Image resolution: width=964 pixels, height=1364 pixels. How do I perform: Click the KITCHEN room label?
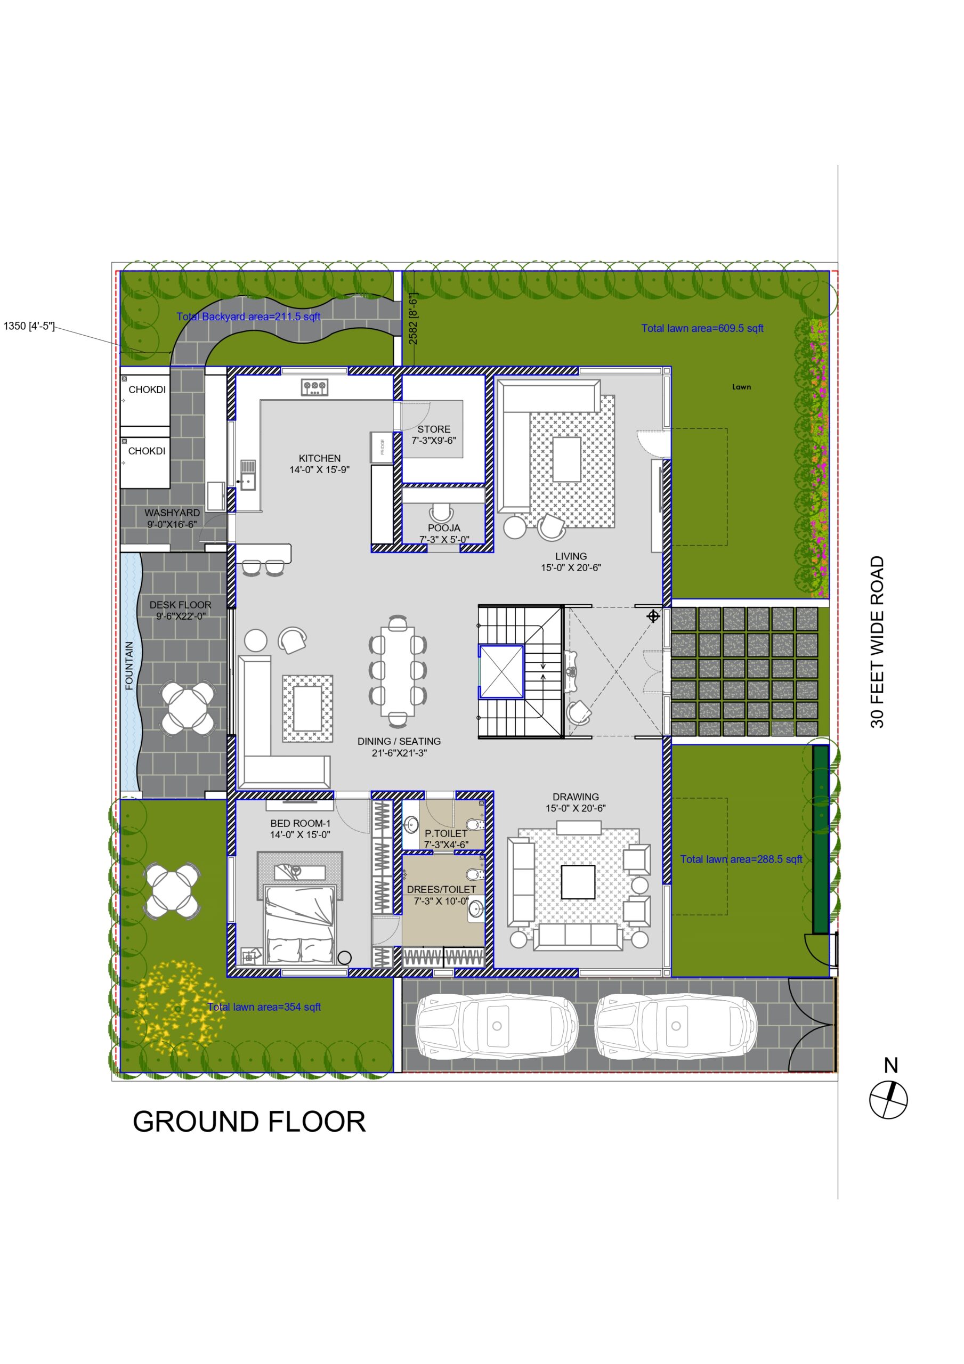(x=320, y=458)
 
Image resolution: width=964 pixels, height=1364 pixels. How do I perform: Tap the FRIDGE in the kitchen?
(x=382, y=446)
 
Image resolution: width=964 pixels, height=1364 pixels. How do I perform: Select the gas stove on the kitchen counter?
(x=314, y=387)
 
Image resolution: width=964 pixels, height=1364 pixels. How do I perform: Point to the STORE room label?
(x=434, y=429)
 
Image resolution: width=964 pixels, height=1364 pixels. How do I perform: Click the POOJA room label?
(x=444, y=527)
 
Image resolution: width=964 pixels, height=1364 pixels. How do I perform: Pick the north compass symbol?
(x=888, y=1099)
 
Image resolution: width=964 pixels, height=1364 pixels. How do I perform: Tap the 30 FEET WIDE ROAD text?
(x=877, y=642)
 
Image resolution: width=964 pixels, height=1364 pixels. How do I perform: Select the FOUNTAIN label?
(x=129, y=665)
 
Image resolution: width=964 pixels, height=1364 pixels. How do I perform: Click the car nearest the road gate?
(x=676, y=1027)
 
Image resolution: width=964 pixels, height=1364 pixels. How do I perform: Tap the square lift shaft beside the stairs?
(x=501, y=671)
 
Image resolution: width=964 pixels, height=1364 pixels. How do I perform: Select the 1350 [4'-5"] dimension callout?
(x=29, y=326)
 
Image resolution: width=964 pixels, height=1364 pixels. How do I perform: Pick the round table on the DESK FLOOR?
(x=188, y=709)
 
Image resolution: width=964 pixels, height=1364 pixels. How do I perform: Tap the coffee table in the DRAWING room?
(x=578, y=882)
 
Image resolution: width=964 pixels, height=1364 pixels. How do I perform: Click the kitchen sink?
(x=248, y=475)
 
